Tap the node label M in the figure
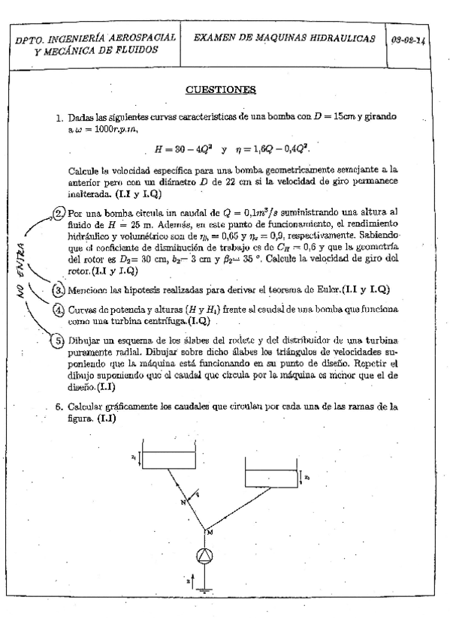click(210, 532)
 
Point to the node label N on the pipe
click(182, 502)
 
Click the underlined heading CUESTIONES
click(221, 91)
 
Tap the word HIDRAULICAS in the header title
click(341, 37)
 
